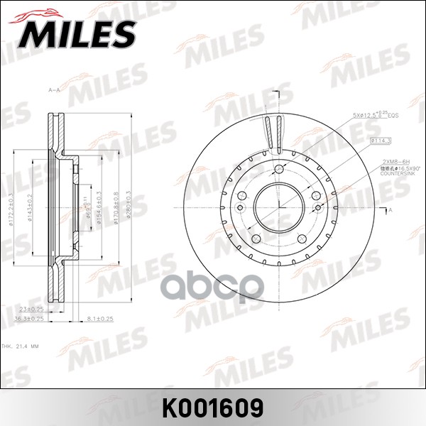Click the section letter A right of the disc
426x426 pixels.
(x=390, y=210)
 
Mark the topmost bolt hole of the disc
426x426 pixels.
(x=280, y=170)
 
